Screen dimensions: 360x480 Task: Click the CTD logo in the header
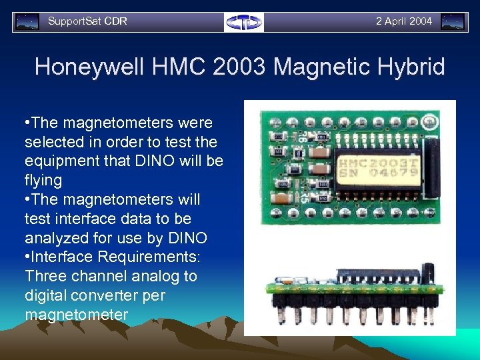244,22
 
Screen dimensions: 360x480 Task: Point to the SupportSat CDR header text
87,21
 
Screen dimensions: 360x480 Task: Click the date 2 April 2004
403,21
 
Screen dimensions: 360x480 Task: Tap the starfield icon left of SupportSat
27,22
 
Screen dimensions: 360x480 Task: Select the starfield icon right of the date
453,22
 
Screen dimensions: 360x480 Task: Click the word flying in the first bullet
43,180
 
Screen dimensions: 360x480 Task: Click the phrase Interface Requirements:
111,257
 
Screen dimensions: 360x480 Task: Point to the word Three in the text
44,276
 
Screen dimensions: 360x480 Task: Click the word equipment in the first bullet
64,161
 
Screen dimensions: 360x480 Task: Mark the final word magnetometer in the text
76,314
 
